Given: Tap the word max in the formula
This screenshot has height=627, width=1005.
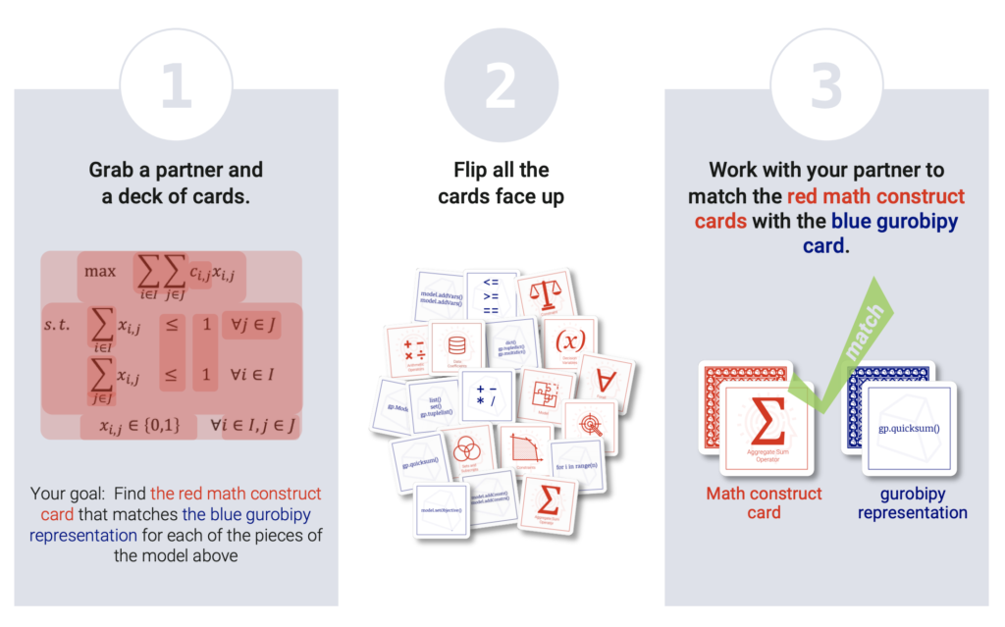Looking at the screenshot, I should coord(101,270).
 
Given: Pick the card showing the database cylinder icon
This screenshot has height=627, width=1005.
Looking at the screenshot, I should coord(456,346).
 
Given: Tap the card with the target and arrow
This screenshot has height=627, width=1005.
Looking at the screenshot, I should coord(590,425).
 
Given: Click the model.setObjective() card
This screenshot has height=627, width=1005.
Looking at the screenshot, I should coord(441,510).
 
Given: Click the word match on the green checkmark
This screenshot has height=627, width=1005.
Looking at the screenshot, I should coord(863,330).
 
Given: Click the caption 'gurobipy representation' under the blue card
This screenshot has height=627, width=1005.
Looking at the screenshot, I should coord(912,502).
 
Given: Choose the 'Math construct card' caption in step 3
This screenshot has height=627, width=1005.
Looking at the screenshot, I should coord(764,502).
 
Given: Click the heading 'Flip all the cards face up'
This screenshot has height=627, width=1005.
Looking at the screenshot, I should coord(501,183).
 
